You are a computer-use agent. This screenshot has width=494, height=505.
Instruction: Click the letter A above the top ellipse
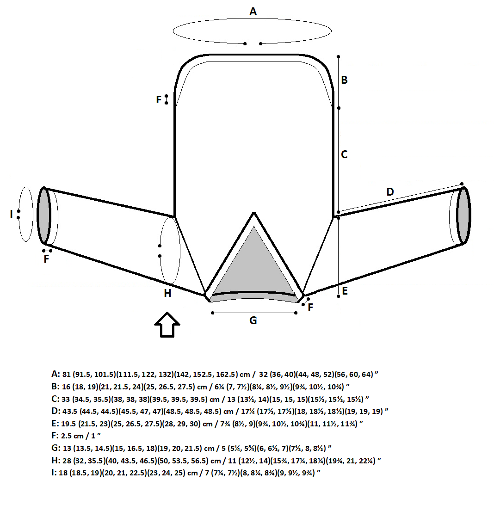(x=253, y=12)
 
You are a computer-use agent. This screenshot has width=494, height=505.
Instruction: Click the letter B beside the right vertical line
(x=344, y=80)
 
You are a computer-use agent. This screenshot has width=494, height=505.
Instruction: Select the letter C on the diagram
(x=344, y=154)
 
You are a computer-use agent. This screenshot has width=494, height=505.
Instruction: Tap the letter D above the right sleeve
(x=390, y=192)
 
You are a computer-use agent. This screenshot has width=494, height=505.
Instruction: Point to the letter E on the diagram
(x=345, y=291)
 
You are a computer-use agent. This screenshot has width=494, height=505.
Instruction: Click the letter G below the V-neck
(x=253, y=320)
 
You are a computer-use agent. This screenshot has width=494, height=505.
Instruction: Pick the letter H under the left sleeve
(x=167, y=293)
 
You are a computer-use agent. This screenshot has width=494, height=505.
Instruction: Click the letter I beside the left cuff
(x=12, y=214)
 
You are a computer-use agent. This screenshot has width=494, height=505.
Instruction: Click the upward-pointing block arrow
(x=167, y=325)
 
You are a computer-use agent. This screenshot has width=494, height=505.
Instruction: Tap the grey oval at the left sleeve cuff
(x=44, y=215)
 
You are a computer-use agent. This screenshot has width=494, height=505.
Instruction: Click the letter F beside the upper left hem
(x=159, y=99)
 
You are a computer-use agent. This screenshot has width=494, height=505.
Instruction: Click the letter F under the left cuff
(x=46, y=259)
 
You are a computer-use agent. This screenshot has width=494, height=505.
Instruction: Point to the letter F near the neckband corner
(x=310, y=308)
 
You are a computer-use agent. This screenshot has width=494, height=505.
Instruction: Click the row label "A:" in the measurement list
(x=56, y=374)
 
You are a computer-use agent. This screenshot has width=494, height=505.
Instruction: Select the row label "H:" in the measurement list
(x=56, y=461)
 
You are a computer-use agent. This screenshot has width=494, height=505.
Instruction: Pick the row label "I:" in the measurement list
(x=54, y=473)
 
